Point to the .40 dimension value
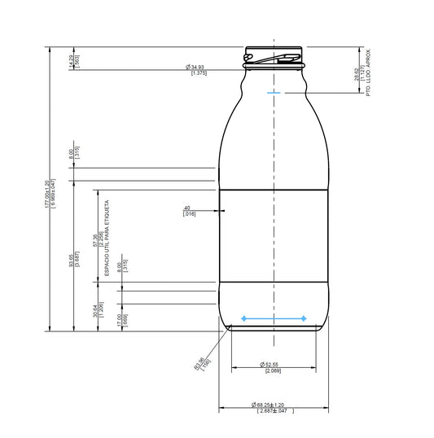pos(188,208)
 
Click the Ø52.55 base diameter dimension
pos(270,364)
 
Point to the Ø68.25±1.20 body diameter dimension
pos(269,405)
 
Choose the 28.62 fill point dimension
pos(356,76)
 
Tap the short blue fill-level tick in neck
pos(273,94)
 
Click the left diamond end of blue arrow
pos(243,318)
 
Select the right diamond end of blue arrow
pos(305,318)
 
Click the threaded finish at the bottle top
pos(274,56)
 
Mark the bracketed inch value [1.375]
pos(198,73)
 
